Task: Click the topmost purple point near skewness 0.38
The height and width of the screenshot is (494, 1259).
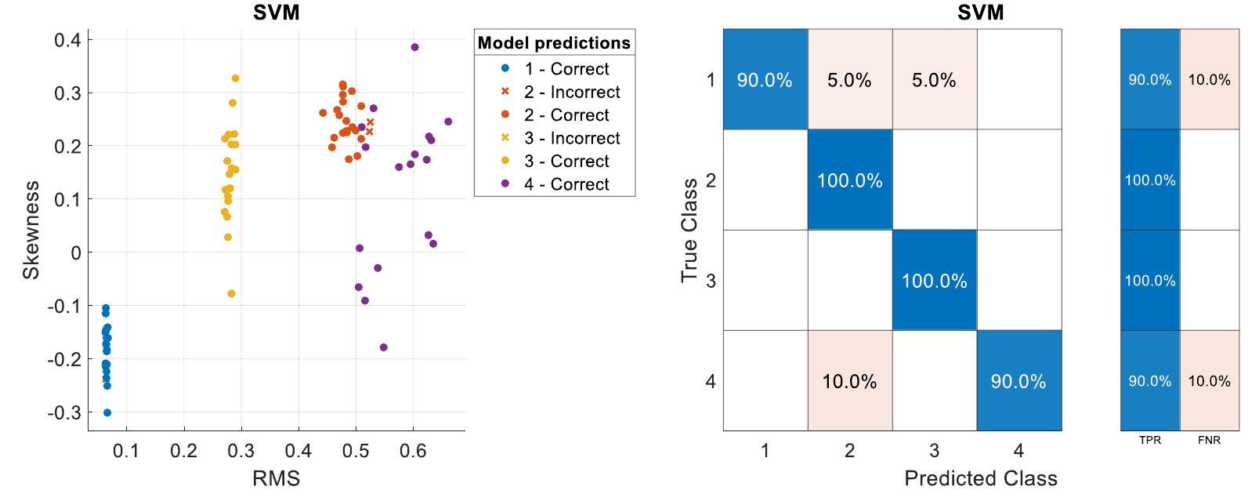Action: (x=414, y=47)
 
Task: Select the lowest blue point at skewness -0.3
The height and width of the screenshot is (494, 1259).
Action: (x=107, y=412)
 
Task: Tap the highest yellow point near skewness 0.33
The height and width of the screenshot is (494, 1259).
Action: (x=235, y=78)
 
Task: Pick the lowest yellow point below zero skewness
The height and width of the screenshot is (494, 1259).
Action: (x=231, y=294)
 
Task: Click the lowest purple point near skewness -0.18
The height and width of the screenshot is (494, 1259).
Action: (x=383, y=347)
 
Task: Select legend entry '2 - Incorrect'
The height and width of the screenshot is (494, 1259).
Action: (x=571, y=92)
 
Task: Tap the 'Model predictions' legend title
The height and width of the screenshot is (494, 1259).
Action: (x=554, y=43)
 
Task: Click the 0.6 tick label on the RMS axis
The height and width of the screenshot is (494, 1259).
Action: (x=412, y=452)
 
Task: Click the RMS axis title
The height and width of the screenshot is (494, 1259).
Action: (x=276, y=478)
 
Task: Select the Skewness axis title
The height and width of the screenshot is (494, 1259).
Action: (x=31, y=230)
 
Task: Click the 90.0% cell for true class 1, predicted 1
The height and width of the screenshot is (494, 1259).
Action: (x=765, y=80)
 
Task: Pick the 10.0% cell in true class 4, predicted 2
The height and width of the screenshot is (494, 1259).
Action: (x=849, y=382)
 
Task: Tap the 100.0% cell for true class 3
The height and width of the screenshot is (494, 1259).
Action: (x=934, y=281)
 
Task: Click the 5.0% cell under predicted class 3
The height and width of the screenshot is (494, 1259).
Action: (x=934, y=80)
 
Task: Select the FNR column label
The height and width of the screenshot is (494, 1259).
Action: (x=1209, y=441)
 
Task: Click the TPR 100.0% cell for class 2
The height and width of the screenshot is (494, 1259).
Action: (x=1149, y=180)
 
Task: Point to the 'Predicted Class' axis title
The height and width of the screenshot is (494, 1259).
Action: (x=980, y=478)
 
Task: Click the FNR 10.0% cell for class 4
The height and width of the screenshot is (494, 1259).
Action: (x=1209, y=382)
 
